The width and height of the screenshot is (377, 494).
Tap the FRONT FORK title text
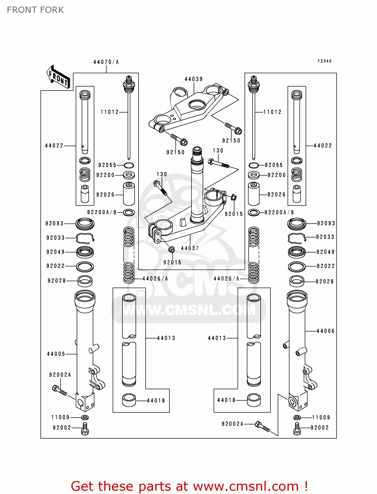click(35, 10)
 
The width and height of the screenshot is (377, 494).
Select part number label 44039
click(193, 79)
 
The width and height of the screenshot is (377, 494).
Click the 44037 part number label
click(190, 248)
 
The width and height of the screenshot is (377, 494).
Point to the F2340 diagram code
click(324, 61)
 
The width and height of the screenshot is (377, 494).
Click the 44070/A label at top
click(106, 62)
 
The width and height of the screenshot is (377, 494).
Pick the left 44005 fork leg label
click(56, 354)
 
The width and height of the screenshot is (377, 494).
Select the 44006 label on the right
click(325, 331)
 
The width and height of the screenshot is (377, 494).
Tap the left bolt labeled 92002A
click(60, 391)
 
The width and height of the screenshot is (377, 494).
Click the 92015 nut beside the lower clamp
click(234, 198)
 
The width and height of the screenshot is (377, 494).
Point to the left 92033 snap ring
click(85, 238)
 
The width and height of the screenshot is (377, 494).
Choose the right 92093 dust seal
click(297, 224)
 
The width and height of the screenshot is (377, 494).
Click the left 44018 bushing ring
click(129, 400)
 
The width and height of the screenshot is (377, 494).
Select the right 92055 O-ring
click(253, 165)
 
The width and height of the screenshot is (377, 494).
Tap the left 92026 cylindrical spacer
click(129, 194)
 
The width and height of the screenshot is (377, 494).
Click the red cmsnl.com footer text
click(189, 486)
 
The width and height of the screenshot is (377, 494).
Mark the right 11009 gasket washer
click(297, 418)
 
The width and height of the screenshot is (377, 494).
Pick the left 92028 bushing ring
click(85, 281)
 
